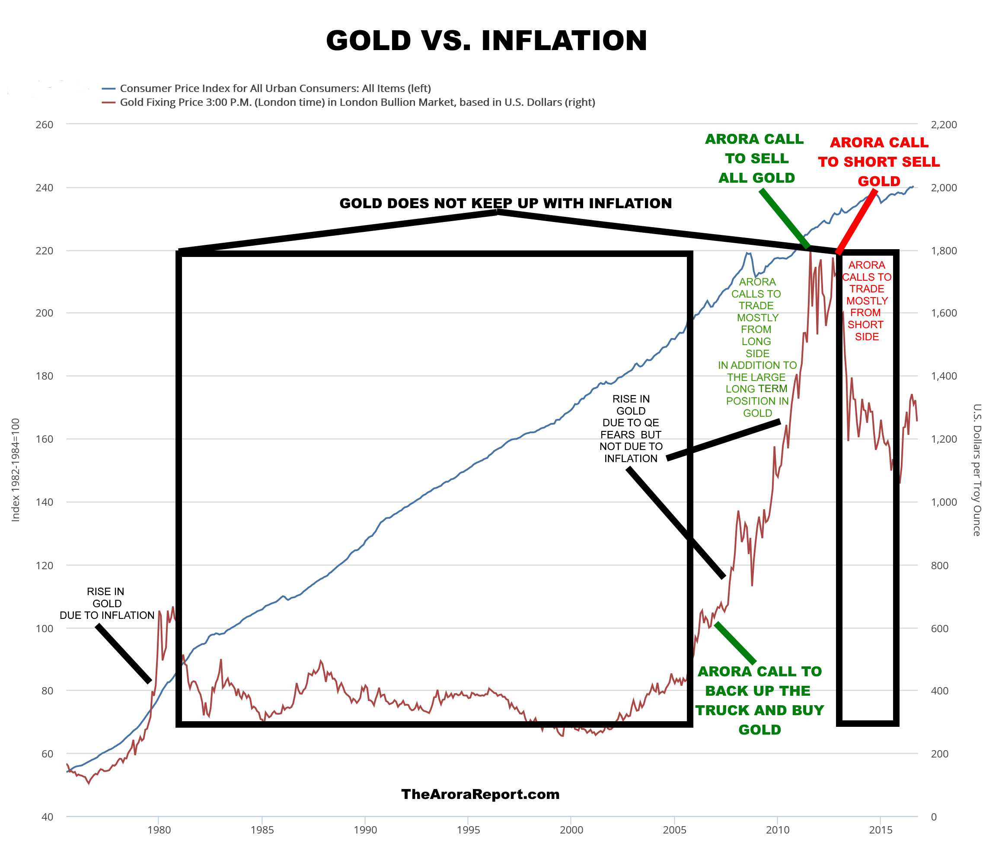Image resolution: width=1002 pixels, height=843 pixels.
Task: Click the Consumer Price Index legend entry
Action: [275, 89]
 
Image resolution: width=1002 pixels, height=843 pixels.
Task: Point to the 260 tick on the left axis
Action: [45, 125]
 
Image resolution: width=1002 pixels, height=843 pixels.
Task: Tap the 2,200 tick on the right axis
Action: [943, 125]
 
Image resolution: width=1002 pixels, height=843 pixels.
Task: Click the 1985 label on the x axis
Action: [262, 830]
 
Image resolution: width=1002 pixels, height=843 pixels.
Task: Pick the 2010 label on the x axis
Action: [777, 830]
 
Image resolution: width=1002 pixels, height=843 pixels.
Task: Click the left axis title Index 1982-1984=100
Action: [16, 470]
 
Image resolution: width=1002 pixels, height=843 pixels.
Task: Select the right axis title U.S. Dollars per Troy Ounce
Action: [976, 470]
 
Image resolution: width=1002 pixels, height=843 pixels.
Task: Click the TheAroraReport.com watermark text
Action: [480, 794]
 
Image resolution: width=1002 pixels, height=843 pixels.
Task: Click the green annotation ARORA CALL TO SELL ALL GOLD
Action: [756, 158]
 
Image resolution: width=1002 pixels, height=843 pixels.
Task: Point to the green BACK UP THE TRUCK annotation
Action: [759, 700]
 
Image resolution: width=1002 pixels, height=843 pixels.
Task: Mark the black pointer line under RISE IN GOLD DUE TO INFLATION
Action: [123, 653]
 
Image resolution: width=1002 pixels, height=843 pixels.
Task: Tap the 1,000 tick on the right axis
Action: [943, 502]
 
